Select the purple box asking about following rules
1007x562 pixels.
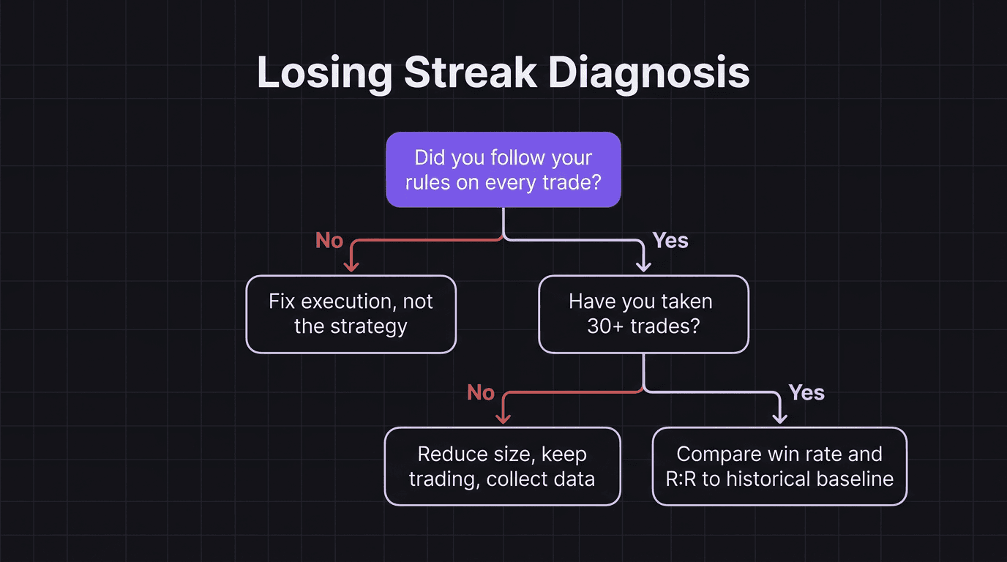click(503, 170)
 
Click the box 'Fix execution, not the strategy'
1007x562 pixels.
click(351, 314)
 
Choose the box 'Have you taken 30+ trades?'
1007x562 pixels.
click(643, 314)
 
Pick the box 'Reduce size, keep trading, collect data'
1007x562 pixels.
click(502, 466)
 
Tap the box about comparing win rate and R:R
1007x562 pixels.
click(779, 466)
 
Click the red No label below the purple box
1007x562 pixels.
click(329, 241)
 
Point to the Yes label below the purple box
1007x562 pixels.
click(670, 241)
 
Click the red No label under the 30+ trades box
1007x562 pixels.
click(481, 393)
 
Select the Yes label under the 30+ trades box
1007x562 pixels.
click(806, 393)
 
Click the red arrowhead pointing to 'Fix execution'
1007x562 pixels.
click(351, 267)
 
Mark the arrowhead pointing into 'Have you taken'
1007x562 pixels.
click(643, 267)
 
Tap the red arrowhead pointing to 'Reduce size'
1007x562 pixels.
click(502, 419)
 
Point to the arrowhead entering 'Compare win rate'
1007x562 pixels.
click(779, 419)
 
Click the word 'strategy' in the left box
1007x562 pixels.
click(371, 326)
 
